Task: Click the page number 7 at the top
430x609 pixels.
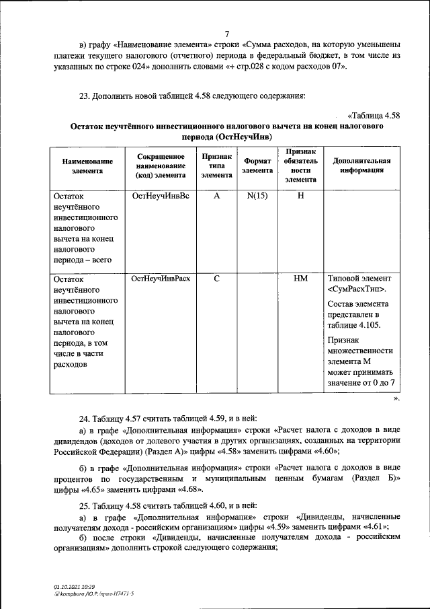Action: [226, 34]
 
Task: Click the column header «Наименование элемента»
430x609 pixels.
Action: [87, 166]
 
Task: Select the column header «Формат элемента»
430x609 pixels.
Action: [258, 166]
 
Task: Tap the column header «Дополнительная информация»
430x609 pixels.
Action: [357, 166]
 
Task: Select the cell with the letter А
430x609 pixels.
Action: [216, 197]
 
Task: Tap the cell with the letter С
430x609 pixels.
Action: [216, 278]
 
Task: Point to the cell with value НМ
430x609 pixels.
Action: [300, 278]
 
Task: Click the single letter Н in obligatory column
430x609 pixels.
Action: [300, 197]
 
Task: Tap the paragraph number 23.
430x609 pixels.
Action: [85, 96]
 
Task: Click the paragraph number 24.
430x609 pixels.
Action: [85, 417]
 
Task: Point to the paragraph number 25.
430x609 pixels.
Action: [85, 505]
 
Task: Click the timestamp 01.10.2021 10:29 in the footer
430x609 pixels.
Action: [75, 587]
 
